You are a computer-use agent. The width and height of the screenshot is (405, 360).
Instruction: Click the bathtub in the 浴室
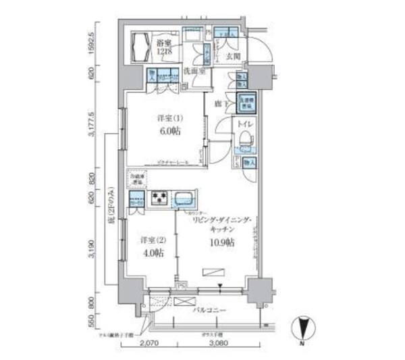(143, 48)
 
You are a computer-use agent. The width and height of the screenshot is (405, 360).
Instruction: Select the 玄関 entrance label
(234, 56)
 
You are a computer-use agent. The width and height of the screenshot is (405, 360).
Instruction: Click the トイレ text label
(242, 124)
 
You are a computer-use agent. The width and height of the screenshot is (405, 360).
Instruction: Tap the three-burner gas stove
(160, 197)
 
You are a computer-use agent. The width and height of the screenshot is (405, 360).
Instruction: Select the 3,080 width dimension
(217, 344)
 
